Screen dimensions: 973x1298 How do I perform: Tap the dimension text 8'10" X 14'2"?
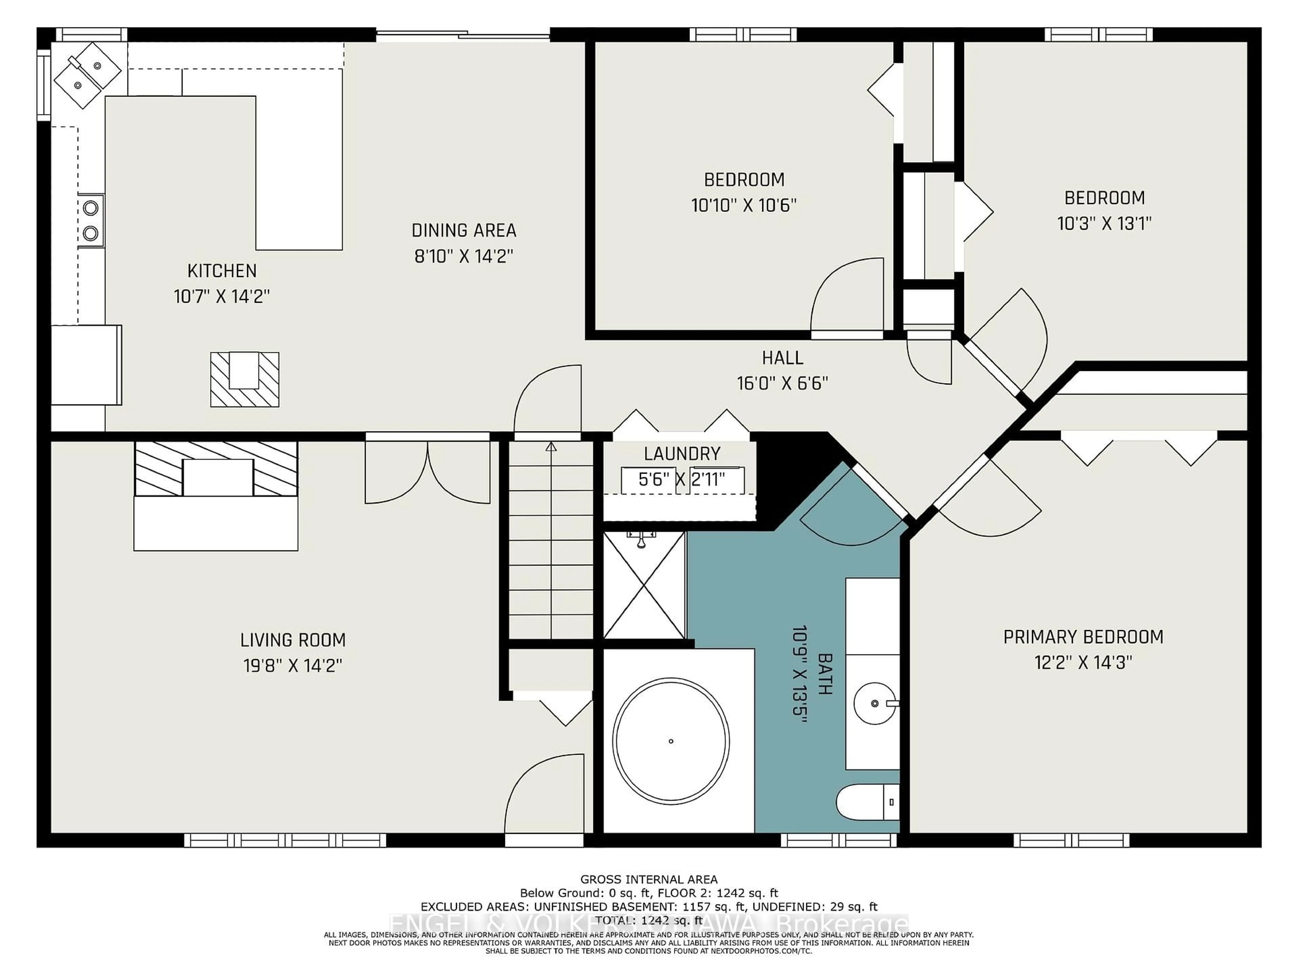tap(463, 256)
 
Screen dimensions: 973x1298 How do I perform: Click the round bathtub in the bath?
tap(671, 741)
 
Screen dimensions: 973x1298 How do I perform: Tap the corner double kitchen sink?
tap(88, 74)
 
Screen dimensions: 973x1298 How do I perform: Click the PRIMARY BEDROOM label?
tap(1083, 637)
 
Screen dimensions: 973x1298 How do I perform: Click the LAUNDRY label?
tap(682, 453)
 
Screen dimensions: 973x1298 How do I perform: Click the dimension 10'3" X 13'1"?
tap(1104, 223)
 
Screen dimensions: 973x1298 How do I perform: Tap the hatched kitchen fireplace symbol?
tap(245, 379)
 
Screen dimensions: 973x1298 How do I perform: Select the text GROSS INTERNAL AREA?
tap(648, 879)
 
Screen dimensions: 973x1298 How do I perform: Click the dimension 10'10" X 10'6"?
tap(743, 205)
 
